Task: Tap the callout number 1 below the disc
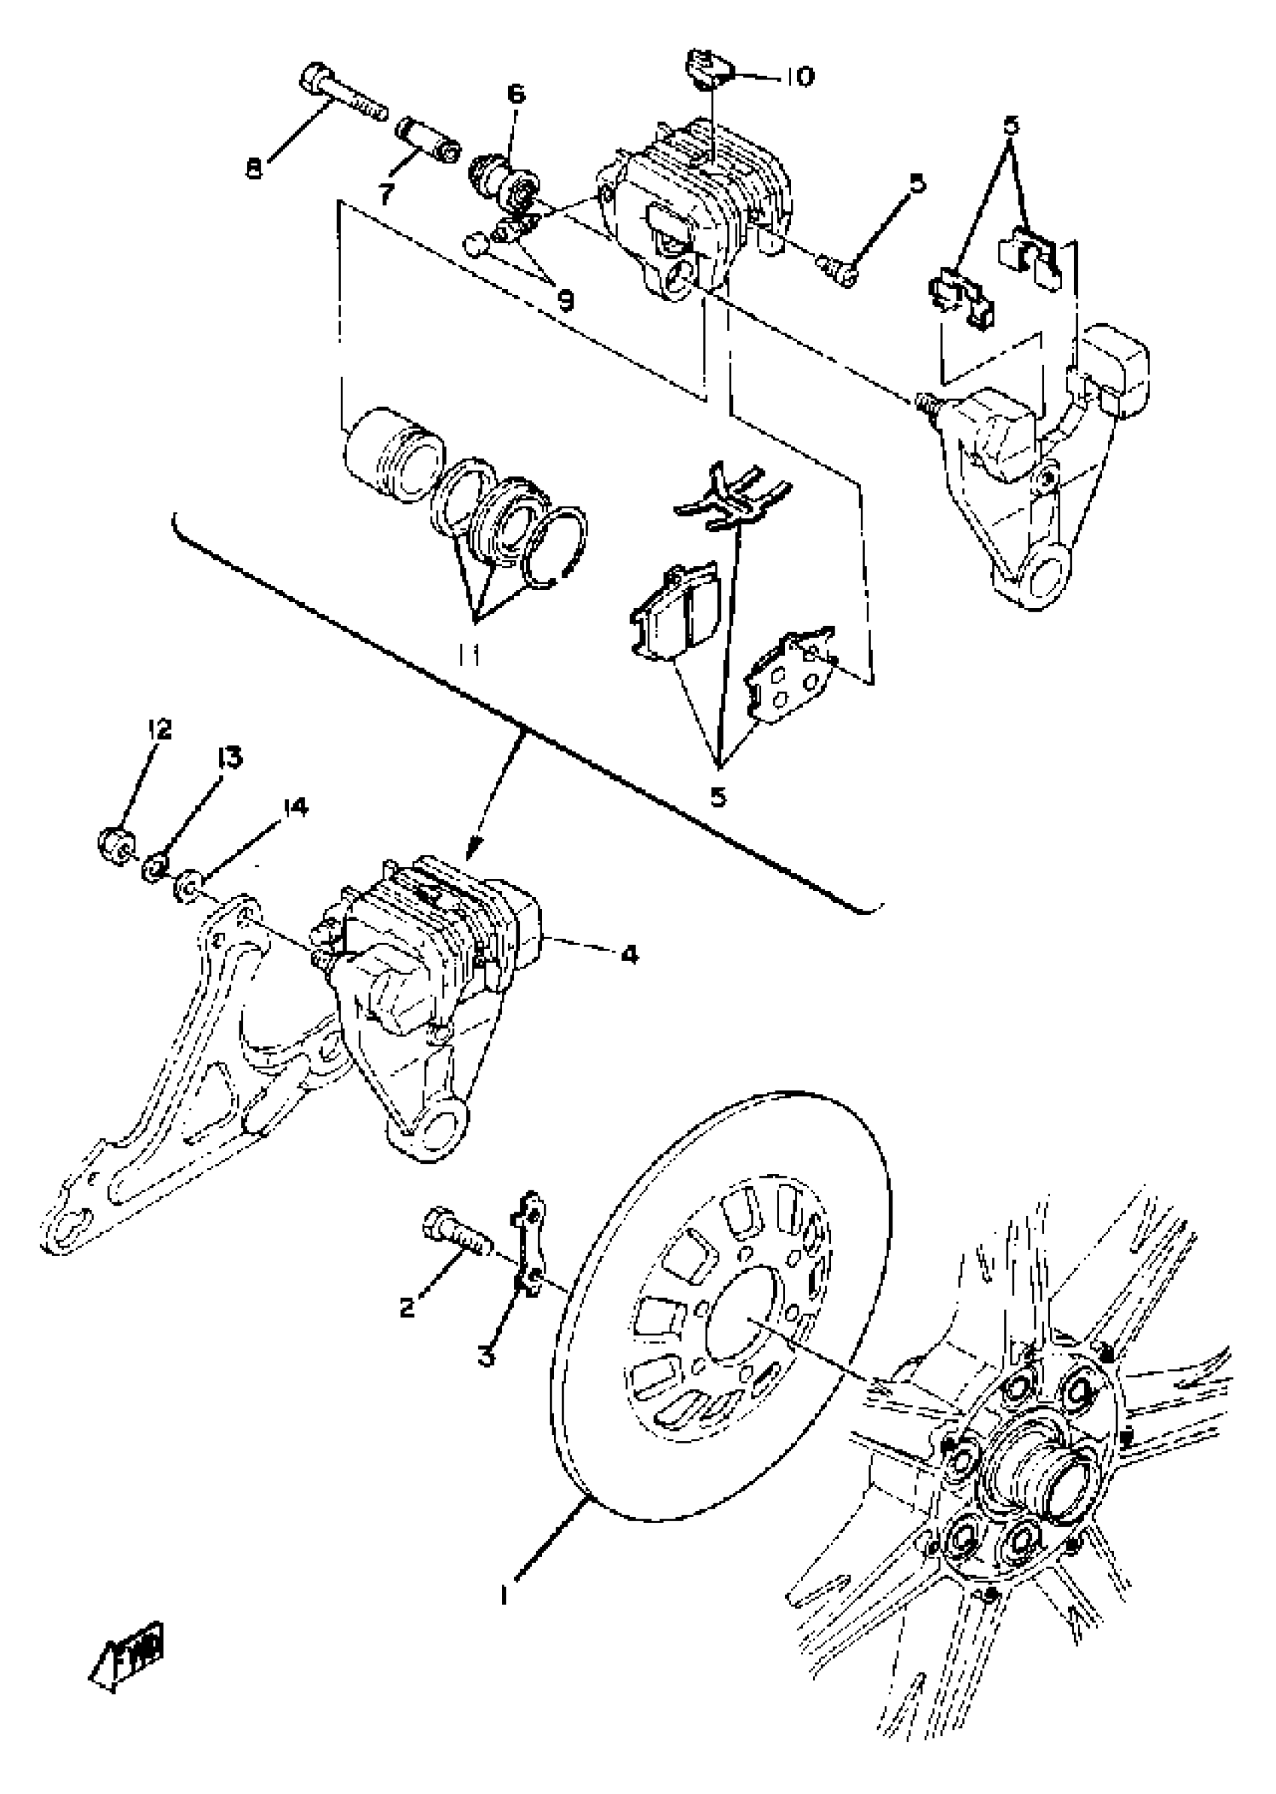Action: click(x=503, y=1595)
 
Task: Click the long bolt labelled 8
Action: click(x=342, y=98)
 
